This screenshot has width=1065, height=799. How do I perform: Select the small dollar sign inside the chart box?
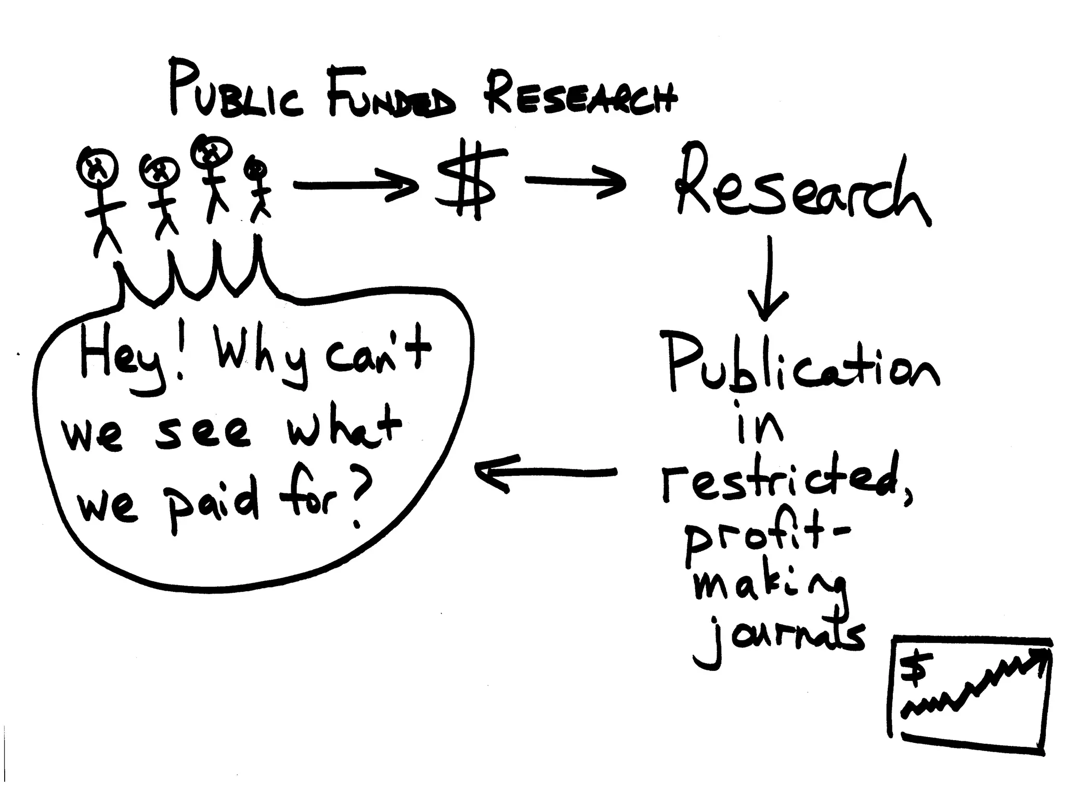click(x=914, y=671)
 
